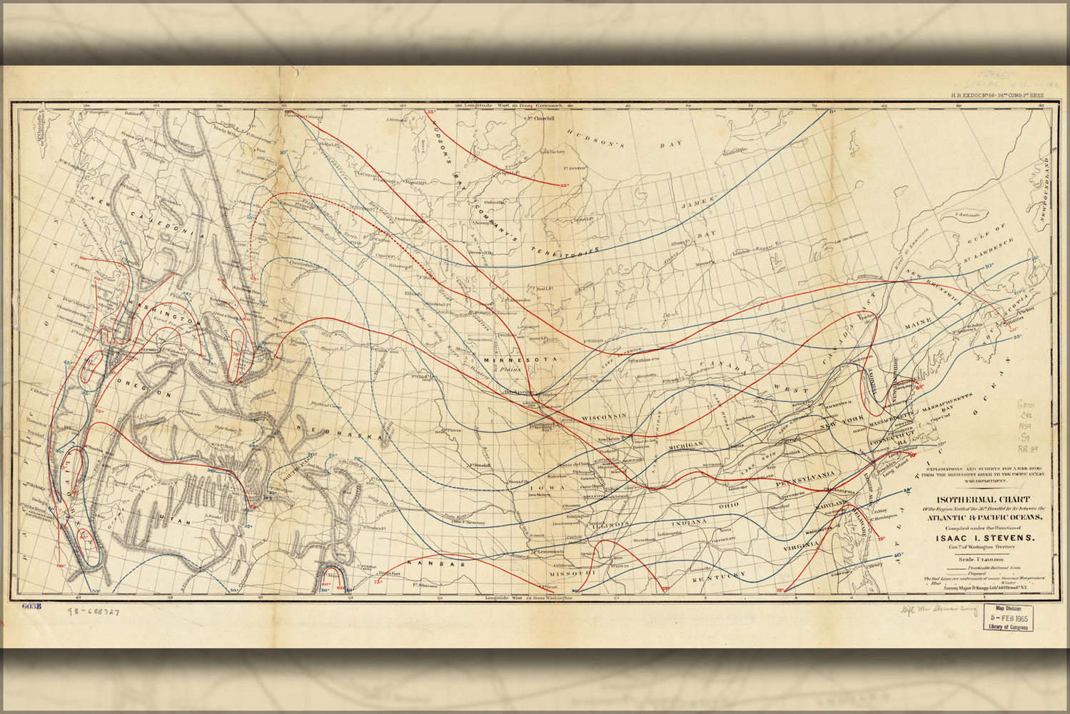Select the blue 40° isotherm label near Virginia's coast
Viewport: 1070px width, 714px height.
[898, 554]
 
